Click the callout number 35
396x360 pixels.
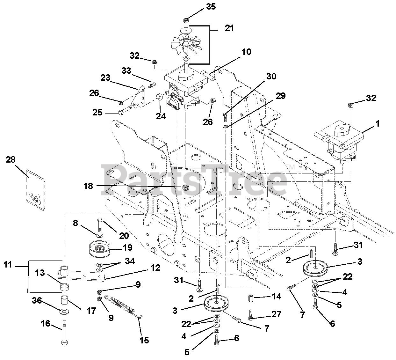[x=211, y=7]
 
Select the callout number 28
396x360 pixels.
[x=11, y=160]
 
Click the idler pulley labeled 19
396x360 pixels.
[x=100, y=249]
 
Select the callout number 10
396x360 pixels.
[x=246, y=52]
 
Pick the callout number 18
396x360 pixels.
[x=89, y=186]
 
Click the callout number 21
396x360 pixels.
[x=229, y=28]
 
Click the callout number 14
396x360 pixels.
[x=277, y=296]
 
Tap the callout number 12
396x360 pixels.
[x=155, y=268]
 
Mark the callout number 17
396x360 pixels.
[x=91, y=310]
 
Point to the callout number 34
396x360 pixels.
[x=130, y=261]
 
